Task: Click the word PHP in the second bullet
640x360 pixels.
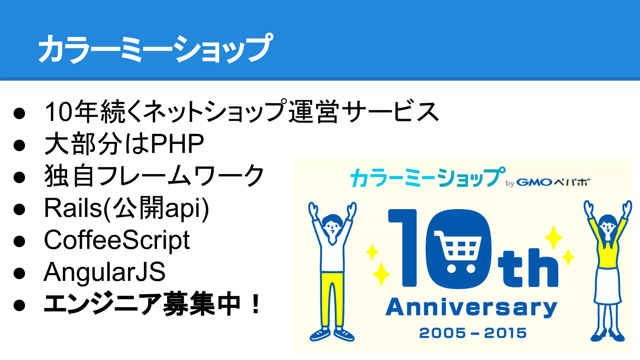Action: [x=177, y=144]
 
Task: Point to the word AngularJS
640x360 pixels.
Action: [x=104, y=272]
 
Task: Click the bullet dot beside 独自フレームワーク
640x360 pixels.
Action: [x=19, y=177]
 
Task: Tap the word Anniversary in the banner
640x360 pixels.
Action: [x=471, y=307]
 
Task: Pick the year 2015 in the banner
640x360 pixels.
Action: [x=505, y=333]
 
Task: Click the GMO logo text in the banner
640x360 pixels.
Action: [x=534, y=182]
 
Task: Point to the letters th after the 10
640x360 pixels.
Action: [x=528, y=268]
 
